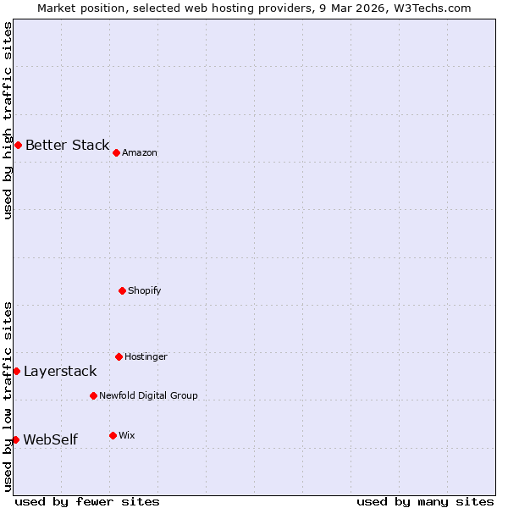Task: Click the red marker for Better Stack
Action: (x=18, y=145)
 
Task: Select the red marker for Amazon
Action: (x=116, y=152)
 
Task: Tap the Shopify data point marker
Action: (x=122, y=290)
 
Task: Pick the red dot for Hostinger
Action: (x=119, y=356)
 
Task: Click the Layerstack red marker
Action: (x=16, y=371)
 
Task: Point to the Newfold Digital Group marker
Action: (x=93, y=395)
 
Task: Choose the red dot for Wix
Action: (x=113, y=435)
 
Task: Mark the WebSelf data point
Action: (x=15, y=439)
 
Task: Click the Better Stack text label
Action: (x=67, y=145)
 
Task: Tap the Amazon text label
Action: (x=140, y=152)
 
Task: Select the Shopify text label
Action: (x=144, y=290)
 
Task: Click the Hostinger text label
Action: (x=146, y=356)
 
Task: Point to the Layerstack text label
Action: (x=60, y=371)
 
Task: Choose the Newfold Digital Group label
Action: (x=148, y=395)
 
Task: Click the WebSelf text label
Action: (x=50, y=439)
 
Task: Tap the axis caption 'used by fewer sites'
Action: (x=87, y=501)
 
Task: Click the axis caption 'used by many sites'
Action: (x=425, y=501)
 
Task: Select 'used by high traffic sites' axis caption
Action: (x=8, y=120)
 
